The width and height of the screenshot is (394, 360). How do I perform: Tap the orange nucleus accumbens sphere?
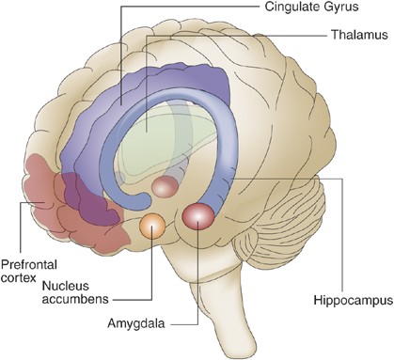151,227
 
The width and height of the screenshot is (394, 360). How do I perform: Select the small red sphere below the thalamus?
165,186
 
